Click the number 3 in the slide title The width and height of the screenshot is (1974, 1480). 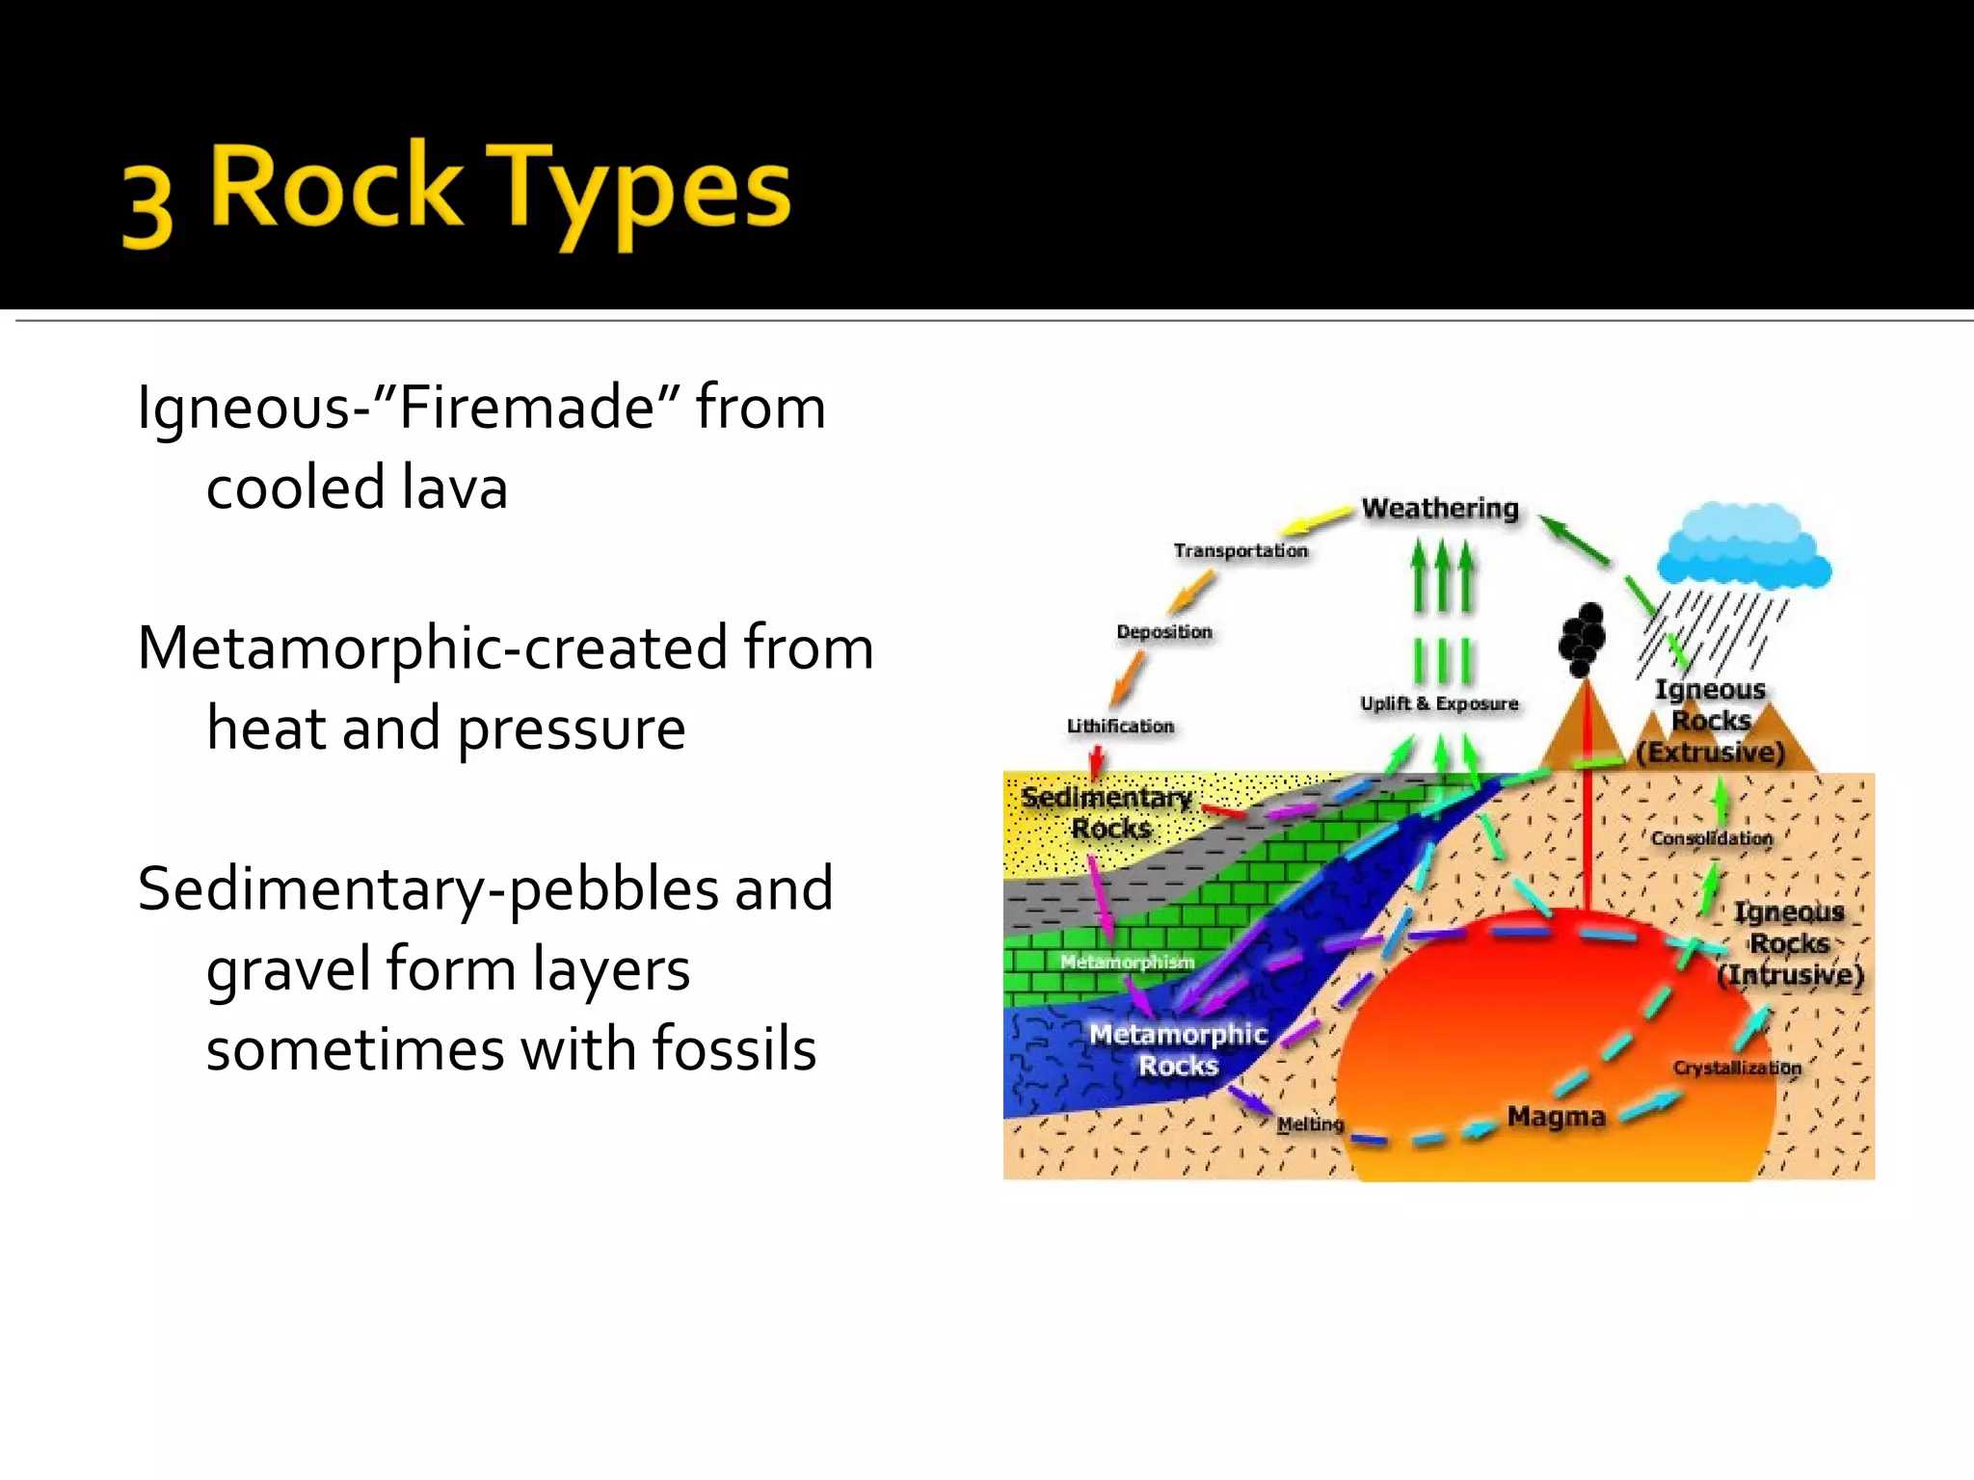pos(148,206)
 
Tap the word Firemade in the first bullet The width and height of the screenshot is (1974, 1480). pos(526,407)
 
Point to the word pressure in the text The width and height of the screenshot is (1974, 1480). pos(571,728)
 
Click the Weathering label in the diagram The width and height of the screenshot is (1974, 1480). pos(1439,508)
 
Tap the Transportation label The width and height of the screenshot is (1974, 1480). pos(1240,550)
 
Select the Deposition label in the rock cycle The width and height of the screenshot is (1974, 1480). pos(1164,632)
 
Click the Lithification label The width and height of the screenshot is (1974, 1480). pos(1120,727)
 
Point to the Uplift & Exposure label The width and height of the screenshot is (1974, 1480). pos(1439,703)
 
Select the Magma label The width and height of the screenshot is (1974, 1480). pos(1556,1117)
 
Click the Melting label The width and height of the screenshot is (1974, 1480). pos(1310,1124)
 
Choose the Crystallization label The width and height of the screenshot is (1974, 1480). pos(1737,1068)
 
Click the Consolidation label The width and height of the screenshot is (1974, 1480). pos(1712,838)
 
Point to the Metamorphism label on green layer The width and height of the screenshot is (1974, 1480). pos(1127,962)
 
